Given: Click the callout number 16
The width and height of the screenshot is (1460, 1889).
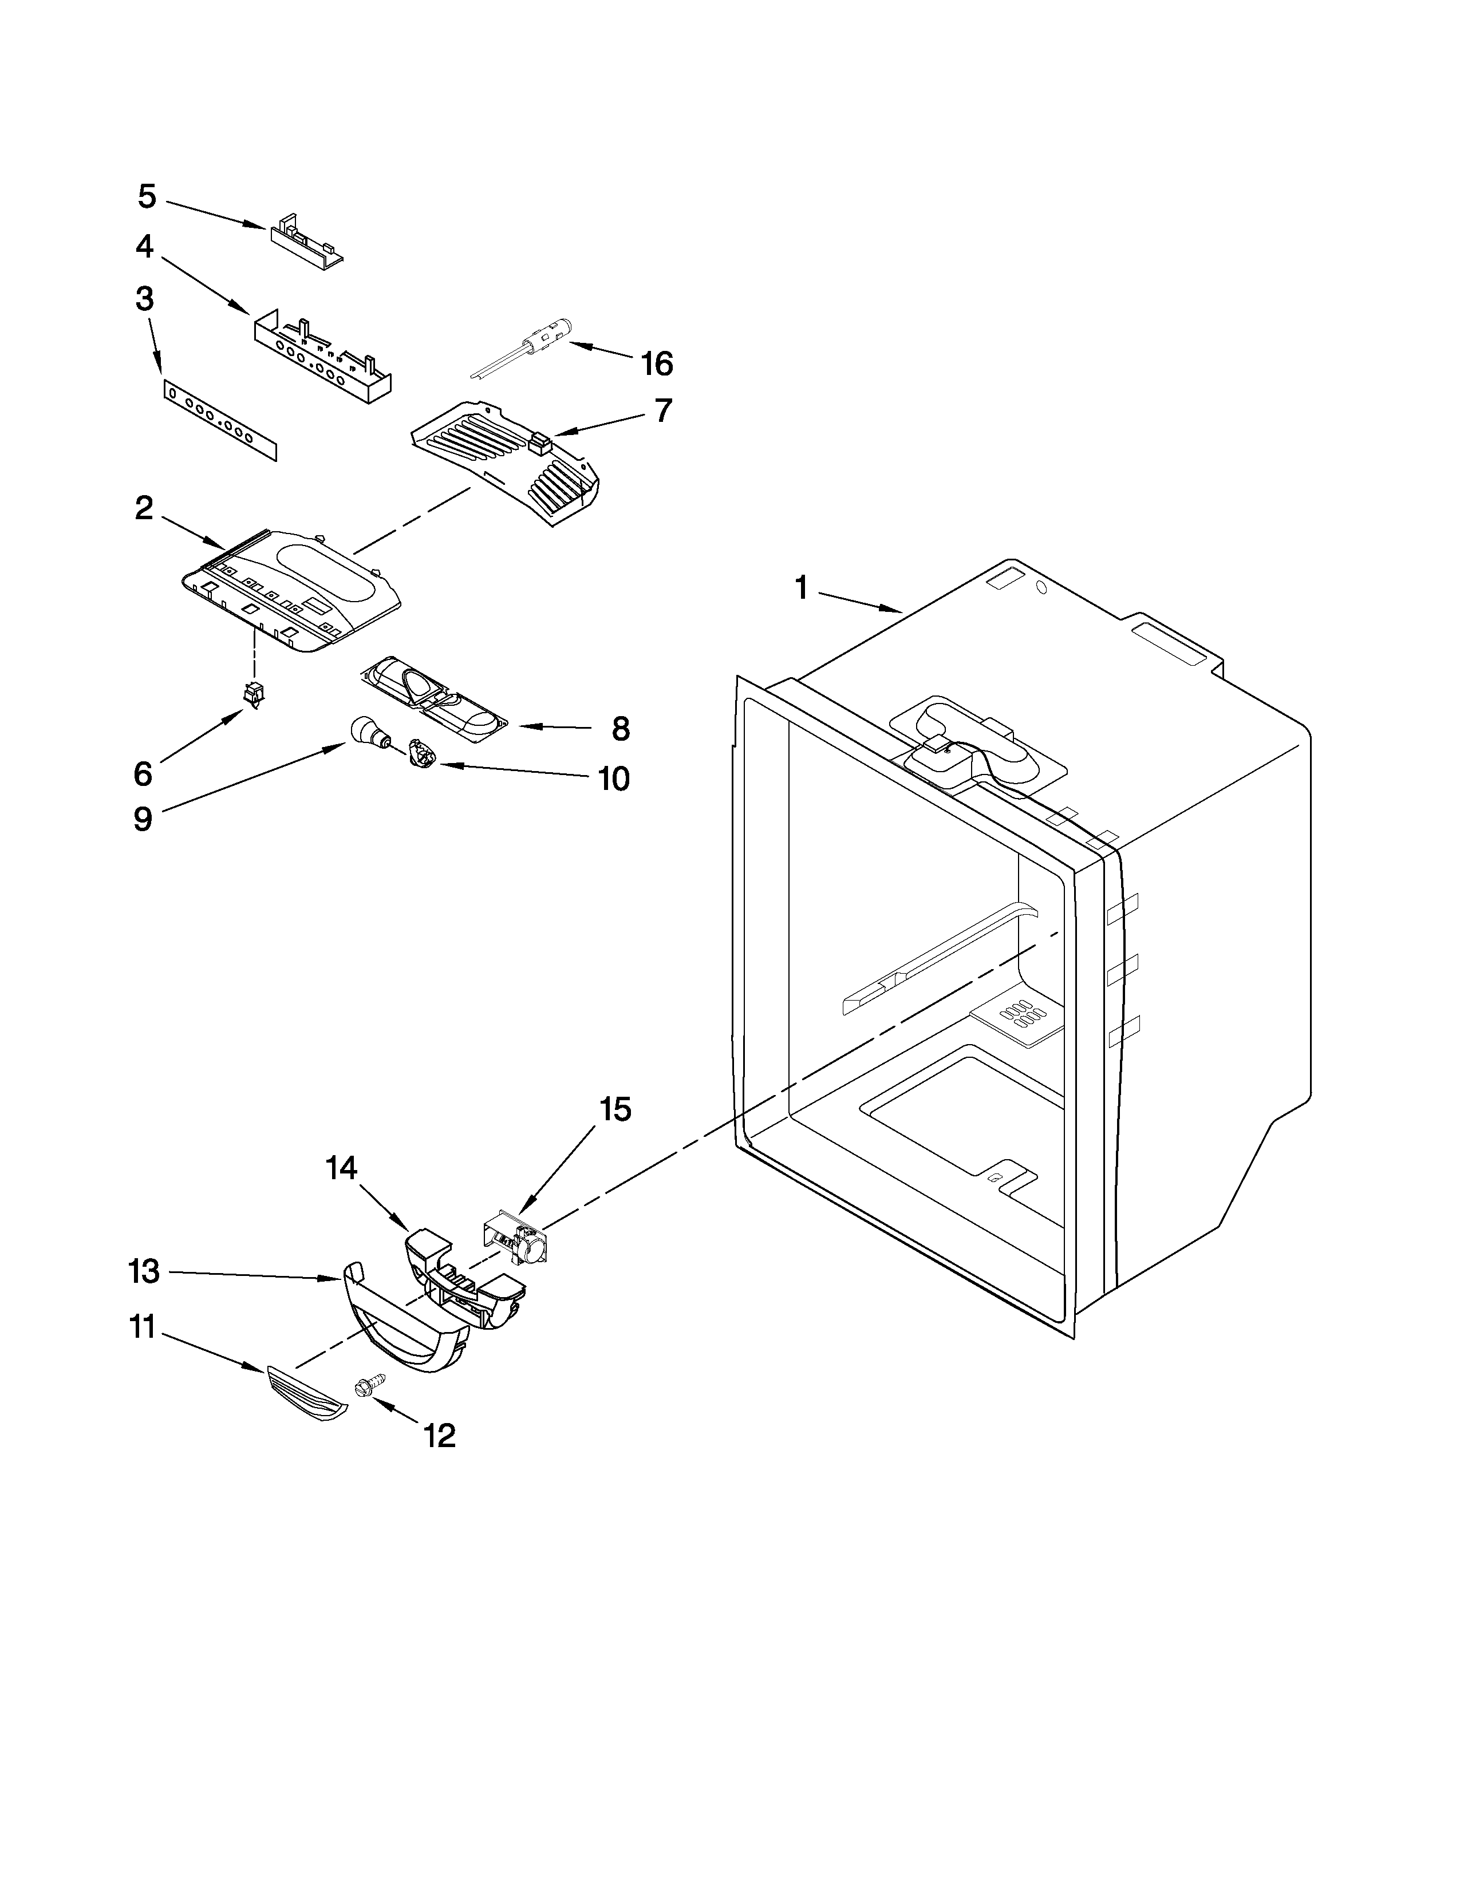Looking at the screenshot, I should (657, 364).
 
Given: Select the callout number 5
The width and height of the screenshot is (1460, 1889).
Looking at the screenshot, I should (147, 197).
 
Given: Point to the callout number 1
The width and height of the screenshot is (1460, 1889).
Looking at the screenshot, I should (801, 589).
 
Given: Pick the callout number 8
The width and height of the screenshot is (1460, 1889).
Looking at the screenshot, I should (620, 729).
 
